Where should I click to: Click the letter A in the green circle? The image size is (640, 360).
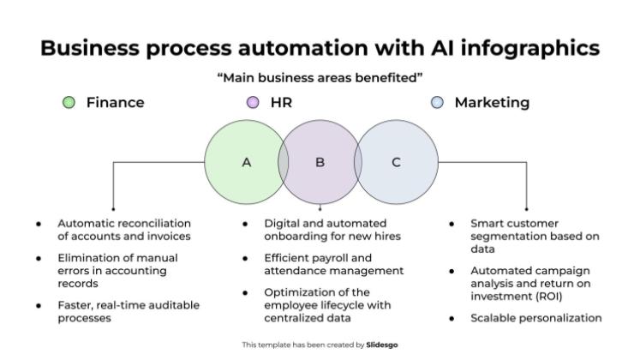(247, 162)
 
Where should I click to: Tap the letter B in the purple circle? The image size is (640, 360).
(320, 162)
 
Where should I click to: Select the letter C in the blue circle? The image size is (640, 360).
(396, 162)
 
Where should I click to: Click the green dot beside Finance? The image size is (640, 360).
(69, 103)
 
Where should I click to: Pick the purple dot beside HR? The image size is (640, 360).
(253, 103)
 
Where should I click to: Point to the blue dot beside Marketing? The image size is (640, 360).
(438, 103)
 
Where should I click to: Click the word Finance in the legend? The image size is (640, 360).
(115, 103)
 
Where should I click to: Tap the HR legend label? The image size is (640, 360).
(282, 103)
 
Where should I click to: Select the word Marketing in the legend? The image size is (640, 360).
(492, 103)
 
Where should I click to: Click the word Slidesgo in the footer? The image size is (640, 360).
(381, 345)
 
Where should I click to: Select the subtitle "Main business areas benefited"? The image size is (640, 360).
(320, 78)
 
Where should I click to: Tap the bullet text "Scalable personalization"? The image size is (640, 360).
(535, 318)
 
